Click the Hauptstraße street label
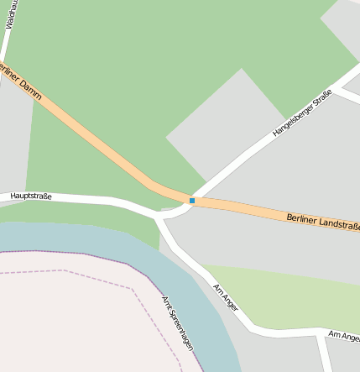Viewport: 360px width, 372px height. [31, 196]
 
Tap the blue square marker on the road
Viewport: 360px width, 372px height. [192, 201]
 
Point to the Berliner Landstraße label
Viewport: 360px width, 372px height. [323, 222]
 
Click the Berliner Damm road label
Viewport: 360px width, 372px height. [20, 81]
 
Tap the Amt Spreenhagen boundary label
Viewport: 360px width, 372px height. [177, 324]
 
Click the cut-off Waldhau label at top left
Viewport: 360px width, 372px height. [10, 14]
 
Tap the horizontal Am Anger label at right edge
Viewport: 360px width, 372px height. [344, 336]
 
